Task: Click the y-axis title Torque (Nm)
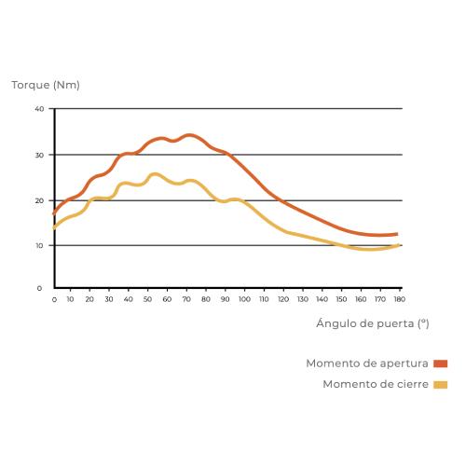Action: click(x=46, y=85)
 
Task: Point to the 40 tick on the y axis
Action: click(x=40, y=109)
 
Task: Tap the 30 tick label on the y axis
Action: click(x=40, y=155)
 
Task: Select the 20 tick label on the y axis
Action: click(x=40, y=200)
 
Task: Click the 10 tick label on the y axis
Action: click(x=40, y=245)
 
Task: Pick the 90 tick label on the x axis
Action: click(x=225, y=300)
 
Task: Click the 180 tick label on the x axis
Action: click(x=398, y=300)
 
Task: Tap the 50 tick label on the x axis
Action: click(x=148, y=300)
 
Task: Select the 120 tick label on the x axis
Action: click(x=283, y=300)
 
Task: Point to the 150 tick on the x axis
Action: click(x=341, y=300)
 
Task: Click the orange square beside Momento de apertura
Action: click(x=441, y=363)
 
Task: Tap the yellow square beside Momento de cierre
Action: click(x=441, y=384)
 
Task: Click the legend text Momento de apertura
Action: click(x=368, y=363)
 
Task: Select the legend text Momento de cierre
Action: click(x=377, y=384)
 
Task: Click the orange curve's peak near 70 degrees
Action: click(x=189, y=135)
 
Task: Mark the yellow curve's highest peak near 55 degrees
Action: click(x=155, y=173)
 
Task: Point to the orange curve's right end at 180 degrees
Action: click(x=398, y=234)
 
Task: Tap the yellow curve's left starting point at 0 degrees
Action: click(x=54, y=226)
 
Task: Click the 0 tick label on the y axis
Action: click(x=40, y=288)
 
